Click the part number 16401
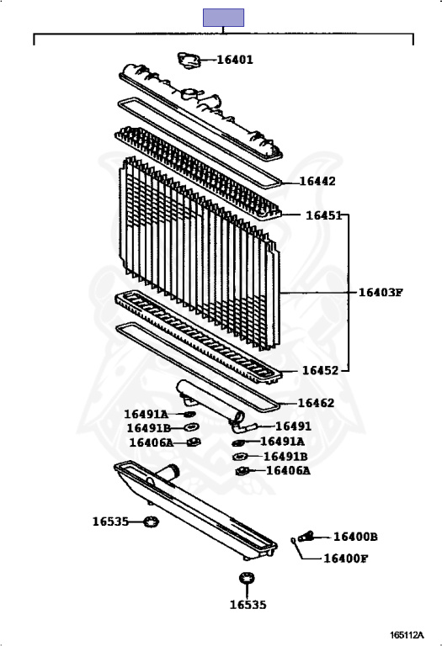pos(235,60)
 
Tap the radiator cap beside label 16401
pos(189,61)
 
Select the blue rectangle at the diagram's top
pos(223,18)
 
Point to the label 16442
pos(317,182)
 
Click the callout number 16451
pos(323,215)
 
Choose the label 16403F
pos(381,293)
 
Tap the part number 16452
pos(321,370)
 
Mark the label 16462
pos(316,403)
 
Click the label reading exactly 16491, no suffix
pos(293,426)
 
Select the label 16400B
pos(355,537)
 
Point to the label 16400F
pos(345,559)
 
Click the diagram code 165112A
pos(407,635)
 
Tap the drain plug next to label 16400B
pos(306,537)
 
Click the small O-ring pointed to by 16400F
pos(293,541)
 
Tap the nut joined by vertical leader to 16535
pos(247,578)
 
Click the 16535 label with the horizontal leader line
pos(110,522)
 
